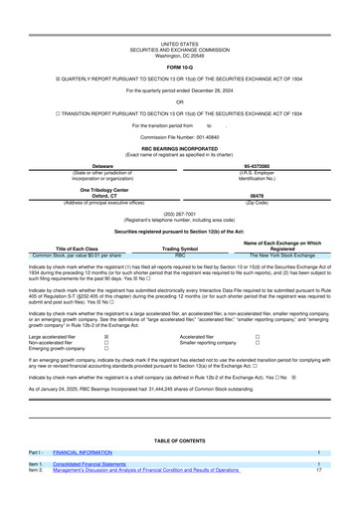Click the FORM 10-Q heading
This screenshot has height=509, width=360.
179,38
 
